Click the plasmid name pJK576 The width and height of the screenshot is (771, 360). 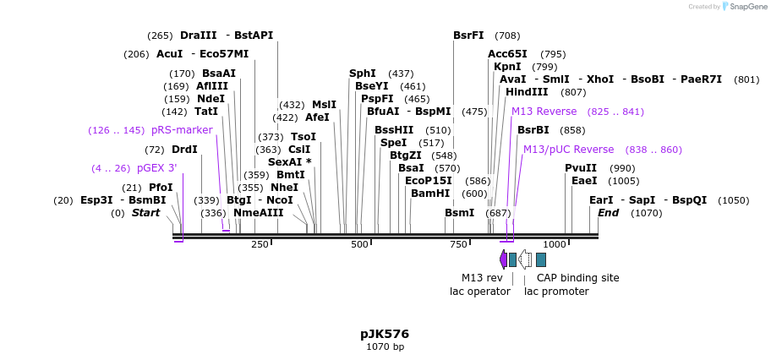385,334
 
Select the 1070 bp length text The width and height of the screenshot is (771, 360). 385,346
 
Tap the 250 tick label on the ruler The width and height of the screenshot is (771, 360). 260,244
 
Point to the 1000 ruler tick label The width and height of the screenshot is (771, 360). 554,244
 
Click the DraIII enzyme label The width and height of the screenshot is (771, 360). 198,35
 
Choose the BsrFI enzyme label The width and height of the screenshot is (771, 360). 468,35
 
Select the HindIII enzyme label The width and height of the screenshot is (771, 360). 527,92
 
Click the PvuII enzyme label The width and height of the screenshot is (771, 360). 581,168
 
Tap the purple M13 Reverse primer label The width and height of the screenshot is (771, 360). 544,112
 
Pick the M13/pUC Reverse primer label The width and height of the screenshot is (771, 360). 568,150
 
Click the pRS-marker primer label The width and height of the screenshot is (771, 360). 182,130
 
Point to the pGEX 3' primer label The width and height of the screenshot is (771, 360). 157,168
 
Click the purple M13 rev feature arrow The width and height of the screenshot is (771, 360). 504,259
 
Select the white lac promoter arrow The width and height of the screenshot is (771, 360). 525,259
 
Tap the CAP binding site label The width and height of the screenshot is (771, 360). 577,277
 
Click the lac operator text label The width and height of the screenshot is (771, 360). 479,292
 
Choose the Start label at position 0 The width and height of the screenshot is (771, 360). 145,213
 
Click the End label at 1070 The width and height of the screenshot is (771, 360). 608,213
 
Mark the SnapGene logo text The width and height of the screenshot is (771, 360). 744,7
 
